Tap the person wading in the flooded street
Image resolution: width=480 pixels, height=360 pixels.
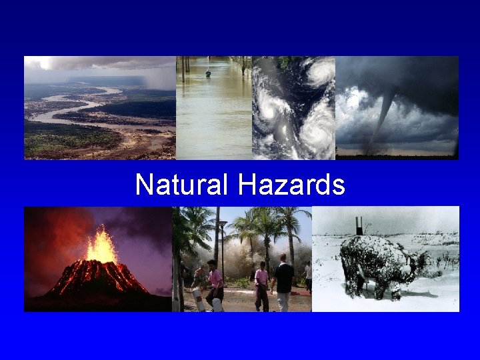[x=208, y=73]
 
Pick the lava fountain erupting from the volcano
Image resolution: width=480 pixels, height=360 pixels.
[x=101, y=245]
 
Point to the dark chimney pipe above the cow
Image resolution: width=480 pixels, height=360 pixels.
[x=359, y=225]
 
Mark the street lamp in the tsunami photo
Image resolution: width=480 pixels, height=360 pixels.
[x=222, y=247]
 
